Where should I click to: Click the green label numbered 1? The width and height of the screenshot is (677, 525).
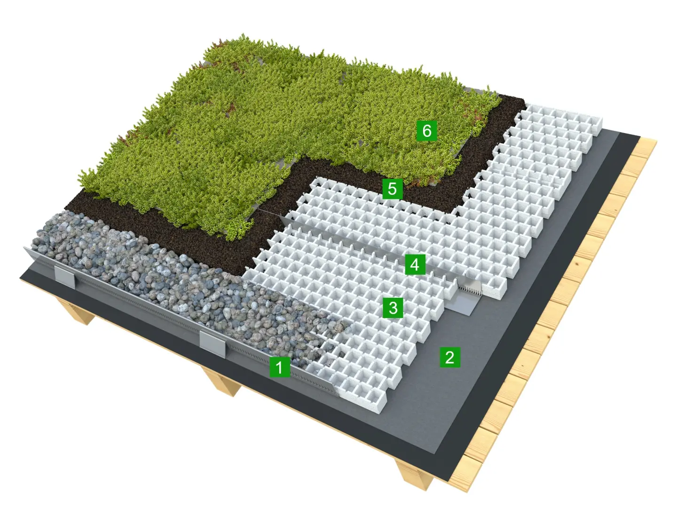280,367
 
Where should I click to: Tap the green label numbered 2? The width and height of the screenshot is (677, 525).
449,357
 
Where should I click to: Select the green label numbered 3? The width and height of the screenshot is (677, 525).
393,308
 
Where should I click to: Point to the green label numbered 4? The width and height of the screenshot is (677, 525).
415,264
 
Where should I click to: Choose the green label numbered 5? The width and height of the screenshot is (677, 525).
393,189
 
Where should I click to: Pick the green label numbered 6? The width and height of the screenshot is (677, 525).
427,131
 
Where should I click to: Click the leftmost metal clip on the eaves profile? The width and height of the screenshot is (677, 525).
65,277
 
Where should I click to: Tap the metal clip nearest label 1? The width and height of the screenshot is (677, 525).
213,344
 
